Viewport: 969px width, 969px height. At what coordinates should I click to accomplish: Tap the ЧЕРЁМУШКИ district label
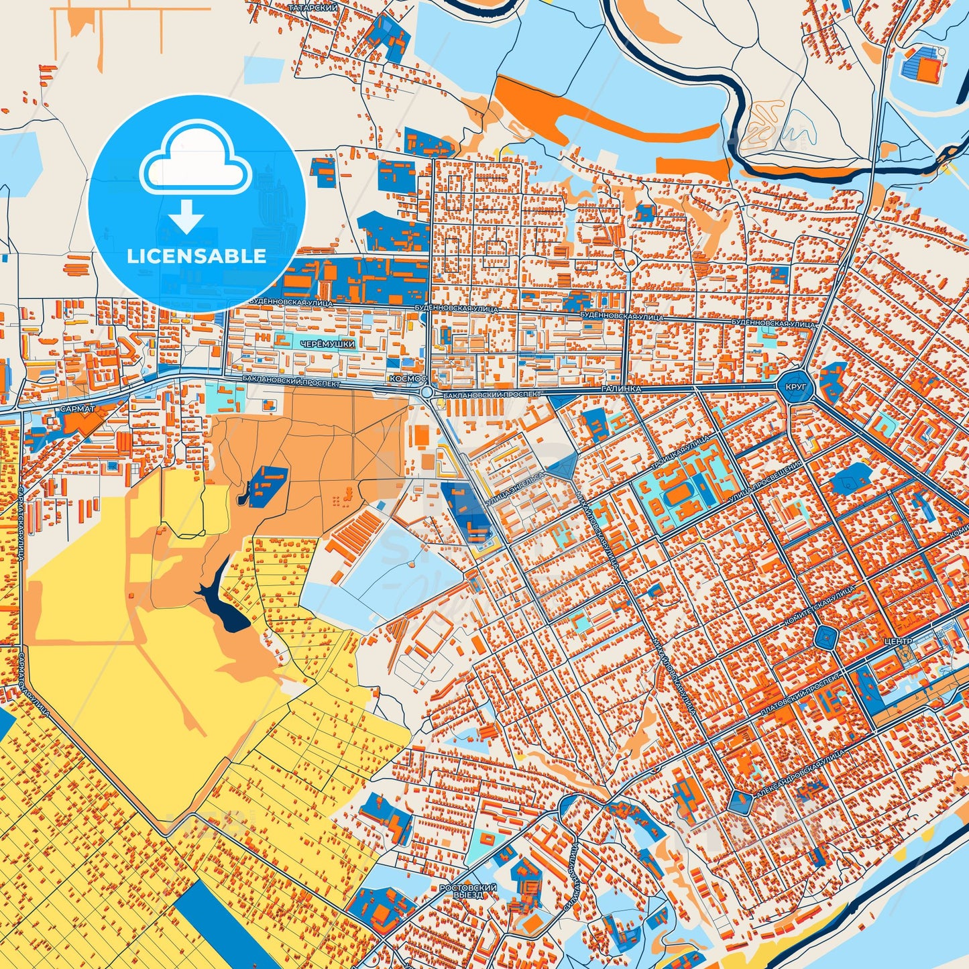327,343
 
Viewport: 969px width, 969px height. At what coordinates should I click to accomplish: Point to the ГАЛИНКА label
622,389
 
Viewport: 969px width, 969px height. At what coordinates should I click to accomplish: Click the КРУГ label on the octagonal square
796,387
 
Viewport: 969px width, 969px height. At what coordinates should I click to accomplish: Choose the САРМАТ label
77,408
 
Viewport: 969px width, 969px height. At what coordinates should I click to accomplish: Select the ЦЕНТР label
899,642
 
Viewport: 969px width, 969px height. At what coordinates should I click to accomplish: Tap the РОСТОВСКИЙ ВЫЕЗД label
468,891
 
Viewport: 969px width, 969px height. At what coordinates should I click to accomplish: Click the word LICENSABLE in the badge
196,256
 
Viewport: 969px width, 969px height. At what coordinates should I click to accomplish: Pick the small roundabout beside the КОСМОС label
426,392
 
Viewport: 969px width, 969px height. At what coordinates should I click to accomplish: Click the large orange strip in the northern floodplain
604,117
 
